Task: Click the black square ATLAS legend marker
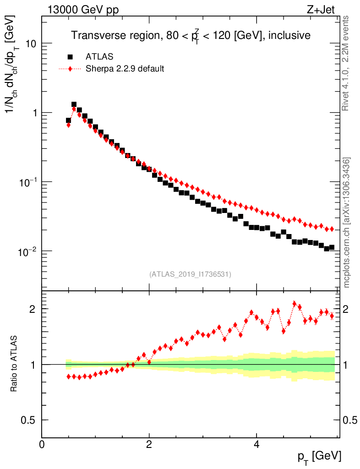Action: point(70,57)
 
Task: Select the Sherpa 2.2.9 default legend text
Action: point(125,69)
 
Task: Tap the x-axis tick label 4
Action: point(256,444)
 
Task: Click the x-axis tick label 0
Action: point(42,444)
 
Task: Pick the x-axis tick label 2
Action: point(149,444)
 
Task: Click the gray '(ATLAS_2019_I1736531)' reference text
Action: point(190,274)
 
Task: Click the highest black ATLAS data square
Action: point(74,104)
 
